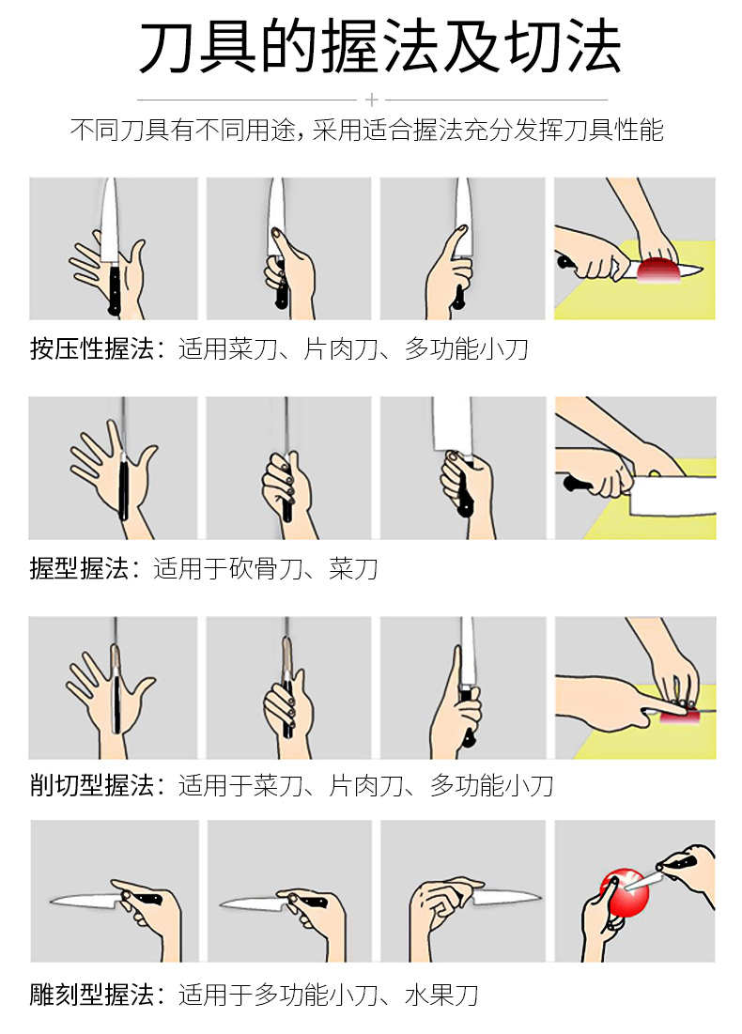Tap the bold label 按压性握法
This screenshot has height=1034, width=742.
tap(91, 350)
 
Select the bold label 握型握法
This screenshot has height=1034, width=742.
tap(79, 568)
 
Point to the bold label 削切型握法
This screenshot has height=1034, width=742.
tap(91, 785)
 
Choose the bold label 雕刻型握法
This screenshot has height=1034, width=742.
tap(91, 995)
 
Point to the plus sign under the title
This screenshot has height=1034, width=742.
tap(372, 99)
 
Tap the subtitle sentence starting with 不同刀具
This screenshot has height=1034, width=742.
tap(366, 131)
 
